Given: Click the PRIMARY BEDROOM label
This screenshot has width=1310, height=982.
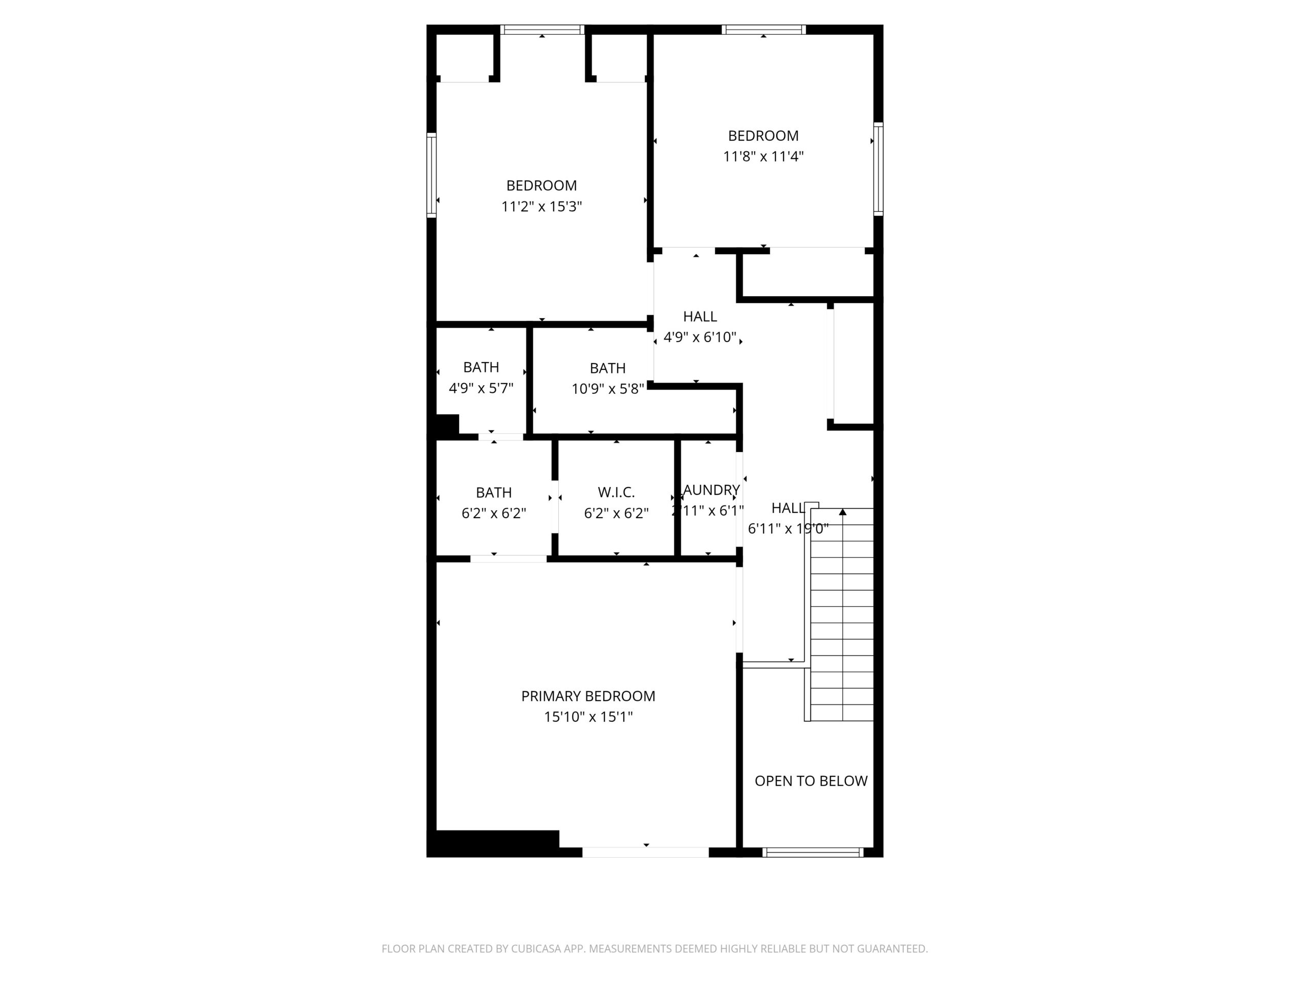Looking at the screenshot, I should pyautogui.click(x=587, y=696).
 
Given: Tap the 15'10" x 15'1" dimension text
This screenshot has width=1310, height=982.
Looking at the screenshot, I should pyautogui.click(x=588, y=717).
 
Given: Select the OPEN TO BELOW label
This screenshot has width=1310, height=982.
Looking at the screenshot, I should pyautogui.click(x=811, y=781).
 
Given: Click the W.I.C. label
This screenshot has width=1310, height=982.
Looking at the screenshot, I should pyautogui.click(x=616, y=492).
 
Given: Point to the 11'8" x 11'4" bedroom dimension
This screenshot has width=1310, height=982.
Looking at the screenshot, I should pyautogui.click(x=763, y=157).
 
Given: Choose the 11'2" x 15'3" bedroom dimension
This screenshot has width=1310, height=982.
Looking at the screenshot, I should pyautogui.click(x=541, y=207).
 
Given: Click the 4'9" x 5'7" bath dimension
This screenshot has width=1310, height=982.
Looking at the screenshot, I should pyautogui.click(x=481, y=388).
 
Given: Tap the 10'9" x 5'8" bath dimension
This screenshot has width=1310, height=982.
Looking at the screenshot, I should pyautogui.click(x=607, y=389).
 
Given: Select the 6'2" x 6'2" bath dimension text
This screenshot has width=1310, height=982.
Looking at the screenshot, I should pyautogui.click(x=493, y=513).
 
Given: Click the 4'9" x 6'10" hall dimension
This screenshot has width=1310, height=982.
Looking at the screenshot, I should pyautogui.click(x=700, y=338).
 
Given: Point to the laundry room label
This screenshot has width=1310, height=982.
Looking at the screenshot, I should pyautogui.click(x=711, y=490).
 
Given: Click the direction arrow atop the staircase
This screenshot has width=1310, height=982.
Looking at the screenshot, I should pyautogui.click(x=842, y=512).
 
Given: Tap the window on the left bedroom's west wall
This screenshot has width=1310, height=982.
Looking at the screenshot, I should pyautogui.click(x=432, y=175).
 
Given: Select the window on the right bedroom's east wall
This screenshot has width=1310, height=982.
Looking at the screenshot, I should pyautogui.click(x=878, y=169).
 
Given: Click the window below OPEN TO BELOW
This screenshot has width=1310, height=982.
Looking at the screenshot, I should pyautogui.click(x=813, y=853).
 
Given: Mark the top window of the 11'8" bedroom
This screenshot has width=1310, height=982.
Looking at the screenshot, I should pyautogui.click(x=763, y=30).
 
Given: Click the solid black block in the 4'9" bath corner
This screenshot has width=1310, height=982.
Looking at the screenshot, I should pyautogui.click(x=447, y=425).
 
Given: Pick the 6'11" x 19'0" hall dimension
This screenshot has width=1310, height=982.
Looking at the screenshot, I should pyautogui.click(x=787, y=528).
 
